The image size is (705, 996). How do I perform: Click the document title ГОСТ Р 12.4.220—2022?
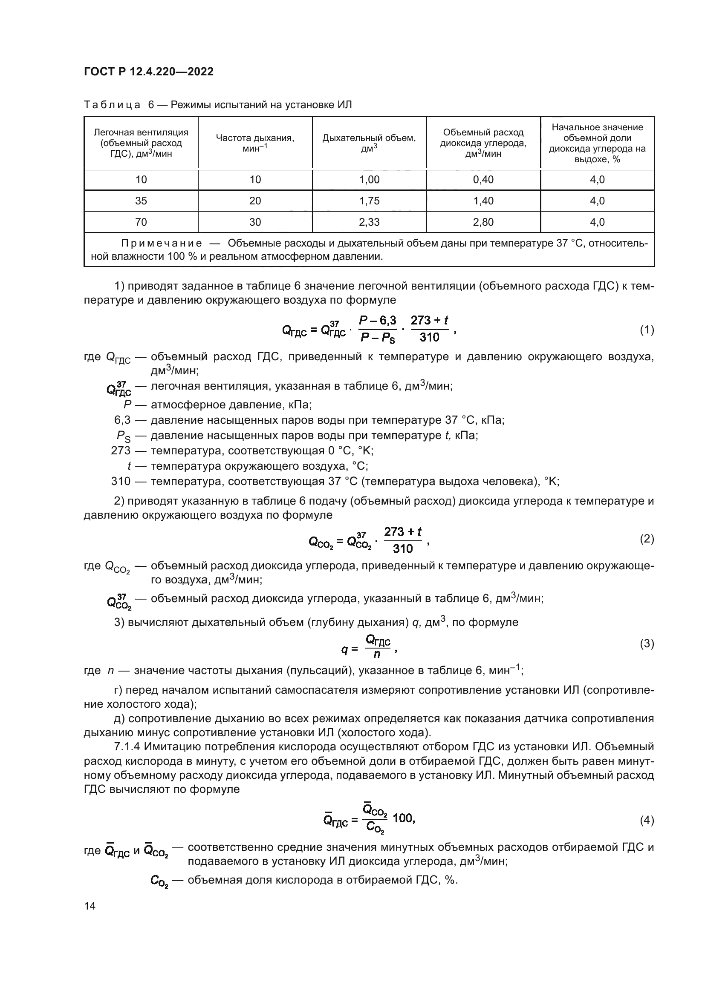[148, 72]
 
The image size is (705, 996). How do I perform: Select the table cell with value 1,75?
[370, 201]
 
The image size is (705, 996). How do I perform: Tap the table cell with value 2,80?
[483, 222]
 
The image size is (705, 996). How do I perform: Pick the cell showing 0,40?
[483, 180]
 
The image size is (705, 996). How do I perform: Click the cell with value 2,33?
[370, 222]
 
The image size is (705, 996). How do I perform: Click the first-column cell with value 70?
[141, 222]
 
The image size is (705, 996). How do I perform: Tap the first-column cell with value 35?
[141, 201]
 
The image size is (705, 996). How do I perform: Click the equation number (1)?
[647, 330]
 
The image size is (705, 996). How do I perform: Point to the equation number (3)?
[647, 643]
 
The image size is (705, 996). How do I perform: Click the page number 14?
[90, 906]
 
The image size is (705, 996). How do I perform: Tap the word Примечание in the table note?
[162, 244]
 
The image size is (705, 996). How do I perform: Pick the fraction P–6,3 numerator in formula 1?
[378, 321]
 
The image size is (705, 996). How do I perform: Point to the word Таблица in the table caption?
[112, 105]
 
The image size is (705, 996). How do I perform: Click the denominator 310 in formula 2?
[402, 549]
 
